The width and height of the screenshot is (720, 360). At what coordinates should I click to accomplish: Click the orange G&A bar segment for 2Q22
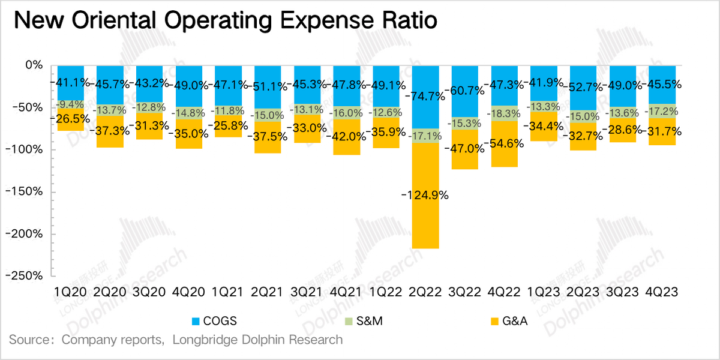(425, 196)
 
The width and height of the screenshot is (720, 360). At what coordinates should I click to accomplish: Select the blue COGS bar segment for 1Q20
(71, 83)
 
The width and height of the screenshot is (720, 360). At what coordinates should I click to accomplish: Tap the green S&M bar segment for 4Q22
(505, 113)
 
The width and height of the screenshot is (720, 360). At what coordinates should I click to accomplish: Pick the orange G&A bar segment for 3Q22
(465, 149)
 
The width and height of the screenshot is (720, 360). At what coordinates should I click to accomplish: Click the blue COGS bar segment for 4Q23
(662, 85)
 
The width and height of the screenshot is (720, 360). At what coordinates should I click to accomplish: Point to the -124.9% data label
(425, 195)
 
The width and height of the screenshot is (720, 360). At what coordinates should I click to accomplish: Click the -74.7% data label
(425, 96)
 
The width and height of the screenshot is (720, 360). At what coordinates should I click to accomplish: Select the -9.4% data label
(70, 104)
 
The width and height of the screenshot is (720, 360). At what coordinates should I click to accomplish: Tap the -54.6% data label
(503, 143)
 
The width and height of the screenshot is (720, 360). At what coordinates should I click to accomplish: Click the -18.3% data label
(503, 113)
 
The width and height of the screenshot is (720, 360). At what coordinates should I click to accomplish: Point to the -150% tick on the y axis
(24, 191)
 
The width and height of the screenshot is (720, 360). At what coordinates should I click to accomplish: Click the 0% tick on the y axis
(34, 65)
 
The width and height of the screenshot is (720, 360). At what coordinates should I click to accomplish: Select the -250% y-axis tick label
(24, 276)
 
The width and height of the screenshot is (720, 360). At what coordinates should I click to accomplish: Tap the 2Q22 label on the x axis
(425, 292)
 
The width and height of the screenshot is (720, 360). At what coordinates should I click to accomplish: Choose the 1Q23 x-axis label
(544, 292)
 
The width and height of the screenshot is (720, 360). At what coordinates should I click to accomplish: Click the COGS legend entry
(214, 321)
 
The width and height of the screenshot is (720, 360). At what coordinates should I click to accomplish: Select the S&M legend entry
(364, 321)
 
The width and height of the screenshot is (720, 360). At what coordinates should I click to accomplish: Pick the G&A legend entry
(509, 321)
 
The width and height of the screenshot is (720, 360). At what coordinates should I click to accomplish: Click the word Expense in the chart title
(327, 21)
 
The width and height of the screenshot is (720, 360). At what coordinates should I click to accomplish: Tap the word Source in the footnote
(29, 340)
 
